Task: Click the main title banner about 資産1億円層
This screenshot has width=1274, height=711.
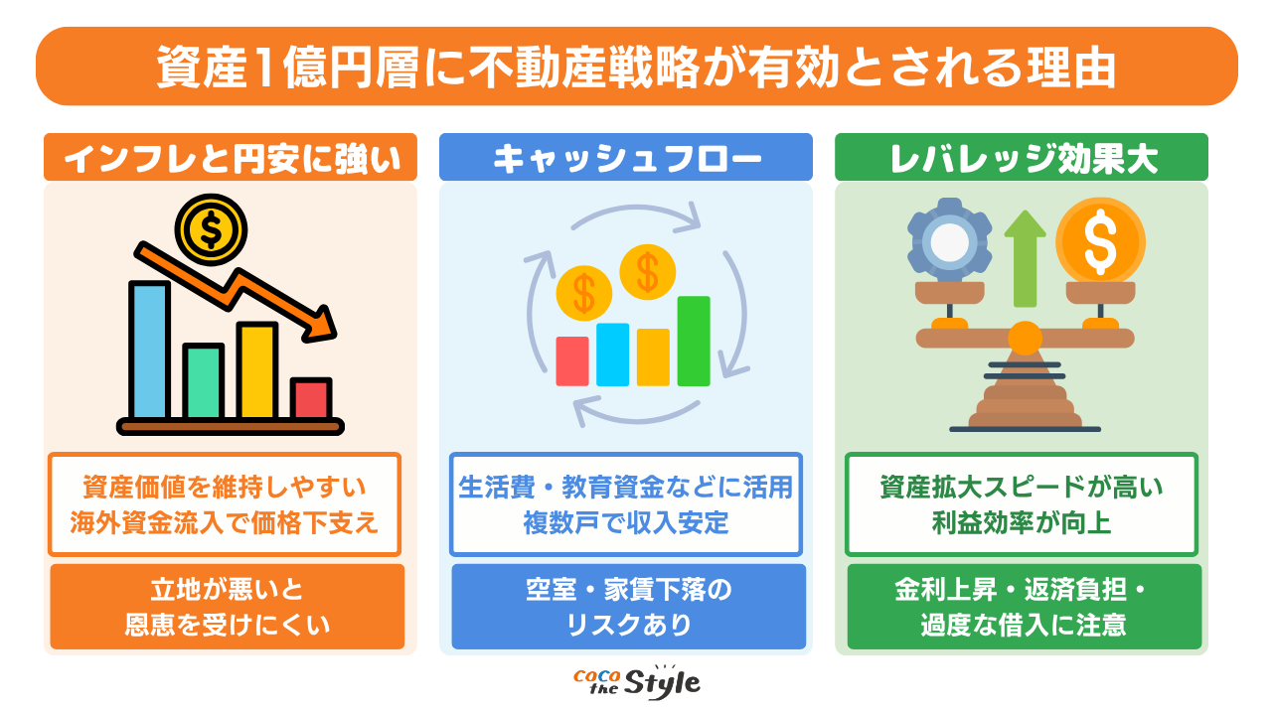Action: [636, 67]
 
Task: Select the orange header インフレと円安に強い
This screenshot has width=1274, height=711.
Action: [230, 158]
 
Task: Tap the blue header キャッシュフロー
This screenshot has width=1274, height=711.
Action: [626, 158]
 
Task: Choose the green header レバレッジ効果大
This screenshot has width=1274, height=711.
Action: [1021, 158]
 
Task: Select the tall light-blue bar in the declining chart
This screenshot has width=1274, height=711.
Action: [150, 350]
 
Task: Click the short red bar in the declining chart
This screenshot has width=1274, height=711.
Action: [312, 397]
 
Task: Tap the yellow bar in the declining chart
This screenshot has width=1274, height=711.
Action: [257, 370]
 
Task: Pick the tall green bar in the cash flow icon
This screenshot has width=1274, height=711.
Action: [694, 341]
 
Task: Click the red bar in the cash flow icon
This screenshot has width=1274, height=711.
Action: [572, 360]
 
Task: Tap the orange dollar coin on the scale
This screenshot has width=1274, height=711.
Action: [1100, 240]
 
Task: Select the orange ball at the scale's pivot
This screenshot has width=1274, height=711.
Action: [1025, 339]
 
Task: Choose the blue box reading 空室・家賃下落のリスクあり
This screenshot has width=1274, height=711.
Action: [628, 607]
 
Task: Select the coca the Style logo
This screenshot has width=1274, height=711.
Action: [637, 682]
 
